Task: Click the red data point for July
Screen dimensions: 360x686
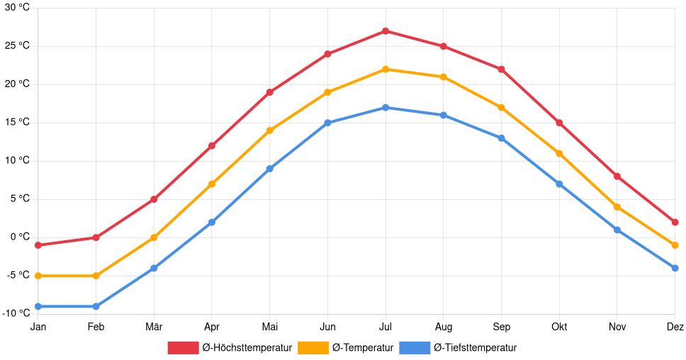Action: coord(386,31)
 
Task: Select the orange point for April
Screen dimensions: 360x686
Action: coord(212,184)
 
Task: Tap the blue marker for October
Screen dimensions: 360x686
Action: coord(559,184)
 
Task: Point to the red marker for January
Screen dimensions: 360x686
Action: coord(38,245)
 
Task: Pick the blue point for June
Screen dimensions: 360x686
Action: coord(327,123)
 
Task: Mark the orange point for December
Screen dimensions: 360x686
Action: coord(675,245)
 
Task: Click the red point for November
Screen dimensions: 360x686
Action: coord(617,176)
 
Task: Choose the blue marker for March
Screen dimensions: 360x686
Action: coord(154,268)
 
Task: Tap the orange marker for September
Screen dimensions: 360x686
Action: coord(501,108)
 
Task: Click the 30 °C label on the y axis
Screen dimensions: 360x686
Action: coord(18,8)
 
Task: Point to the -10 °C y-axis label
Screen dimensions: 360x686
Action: coord(16,313)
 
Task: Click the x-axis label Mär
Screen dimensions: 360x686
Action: coord(154,327)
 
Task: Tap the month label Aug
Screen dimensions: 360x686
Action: coord(443,327)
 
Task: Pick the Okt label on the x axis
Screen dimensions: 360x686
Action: coord(559,327)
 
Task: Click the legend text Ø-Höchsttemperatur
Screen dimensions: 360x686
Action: coord(247,348)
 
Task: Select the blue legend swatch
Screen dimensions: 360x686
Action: coord(415,348)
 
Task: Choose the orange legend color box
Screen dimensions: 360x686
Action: coord(313,348)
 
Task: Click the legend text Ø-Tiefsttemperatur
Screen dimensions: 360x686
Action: coord(475,348)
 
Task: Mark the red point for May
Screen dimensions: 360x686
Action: coord(269,92)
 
